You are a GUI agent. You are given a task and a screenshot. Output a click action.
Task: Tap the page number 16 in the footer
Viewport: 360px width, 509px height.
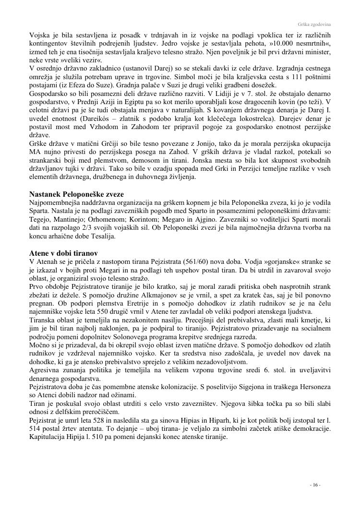[x=315, y=485]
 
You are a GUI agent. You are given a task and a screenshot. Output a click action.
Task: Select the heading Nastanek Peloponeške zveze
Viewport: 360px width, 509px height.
[x=77, y=194]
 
